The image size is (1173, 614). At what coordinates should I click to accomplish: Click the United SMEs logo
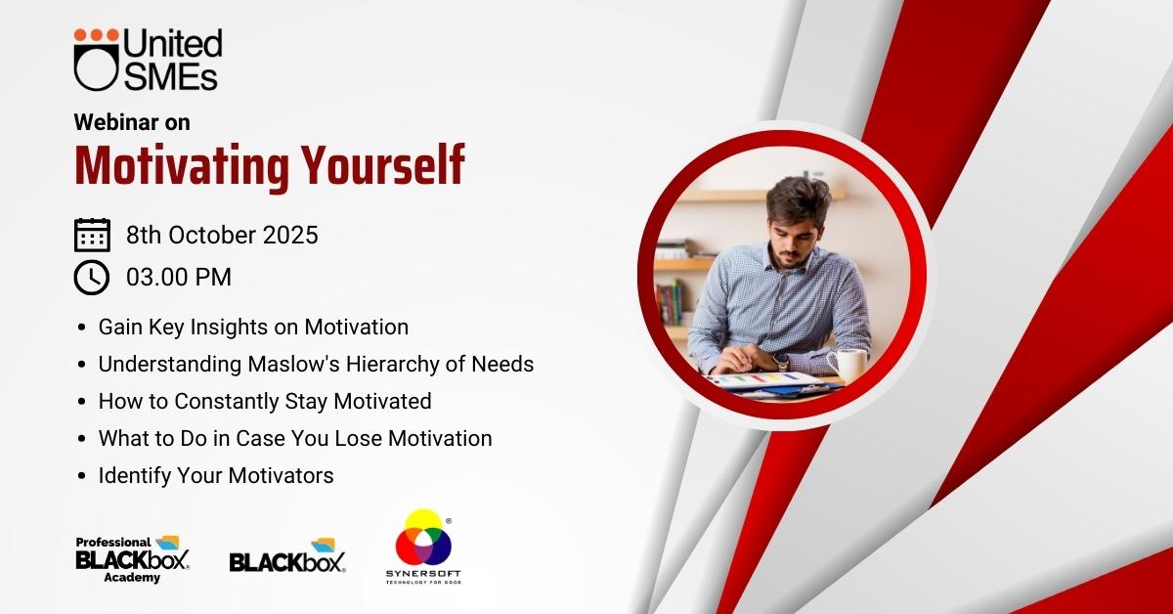pyautogui.click(x=149, y=60)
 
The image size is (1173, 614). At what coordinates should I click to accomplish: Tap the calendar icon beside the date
pyautogui.click(x=92, y=235)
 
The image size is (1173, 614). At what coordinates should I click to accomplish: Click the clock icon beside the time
pyautogui.click(x=92, y=278)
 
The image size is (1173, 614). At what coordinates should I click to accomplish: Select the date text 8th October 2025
pyautogui.click(x=222, y=235)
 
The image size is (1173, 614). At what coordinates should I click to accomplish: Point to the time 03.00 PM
pyautogui.click(x=179, y=277)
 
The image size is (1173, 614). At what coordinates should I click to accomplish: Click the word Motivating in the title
pyautogui.click(x=182, y=166)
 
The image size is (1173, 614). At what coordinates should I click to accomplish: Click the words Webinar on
pyautogui.click(x=132, y=122)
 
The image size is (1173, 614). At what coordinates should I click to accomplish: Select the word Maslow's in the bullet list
pyautogui.click(x=294, y=364)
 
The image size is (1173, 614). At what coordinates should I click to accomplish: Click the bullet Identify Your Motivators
pyautogui.click(x=216, y=476)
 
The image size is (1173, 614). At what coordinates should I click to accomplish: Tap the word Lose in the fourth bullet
pyautogui.click(x=358, y=438)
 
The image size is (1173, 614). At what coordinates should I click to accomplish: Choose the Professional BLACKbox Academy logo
pyautogui.click(x=133, y=559)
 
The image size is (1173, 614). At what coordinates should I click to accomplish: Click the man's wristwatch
pyautogui.click(x=781, y=361)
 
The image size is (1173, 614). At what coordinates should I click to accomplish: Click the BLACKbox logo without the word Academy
pyautogui.click(x=287, y=555)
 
